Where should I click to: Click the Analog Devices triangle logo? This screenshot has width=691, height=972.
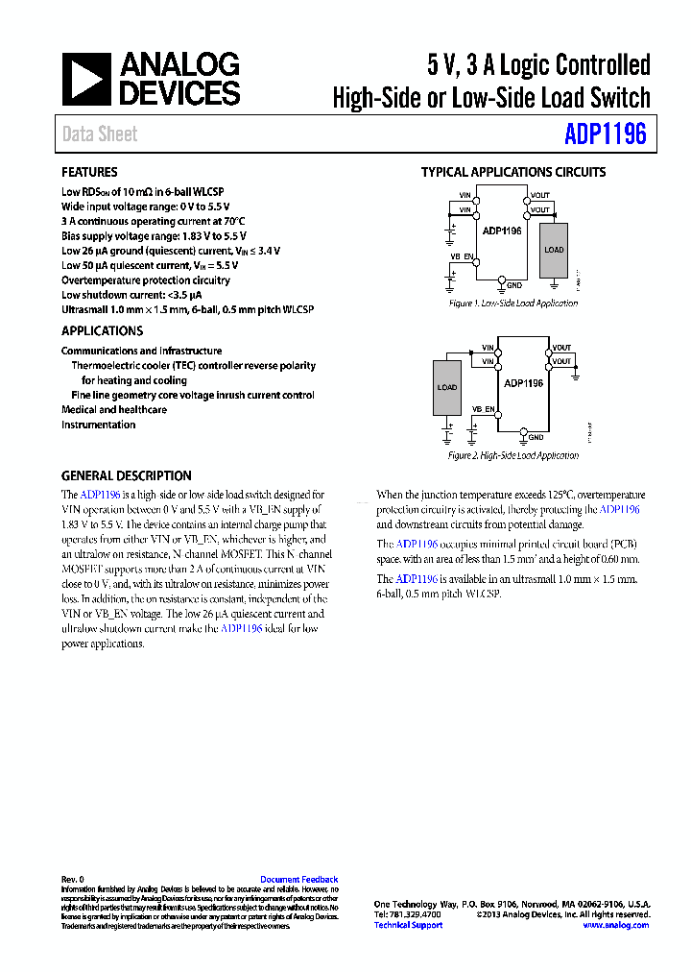pyautogui.click(x=87, y=80)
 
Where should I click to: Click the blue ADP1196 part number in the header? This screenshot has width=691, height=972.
pyautogui.click(x=606, y=134)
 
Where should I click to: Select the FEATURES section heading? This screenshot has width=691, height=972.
pyautogui.click(x=89, y=173)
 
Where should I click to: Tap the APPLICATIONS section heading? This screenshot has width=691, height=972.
pyautogui.click(x=102, y=330)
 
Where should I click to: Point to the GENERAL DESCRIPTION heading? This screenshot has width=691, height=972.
pyautogui.click(x=126, y=475)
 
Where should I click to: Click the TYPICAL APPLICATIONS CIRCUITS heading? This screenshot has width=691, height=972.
pyautogui.click(x=513, y=173)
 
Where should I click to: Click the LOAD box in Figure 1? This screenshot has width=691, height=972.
pyautogui.click(x=554, y=250)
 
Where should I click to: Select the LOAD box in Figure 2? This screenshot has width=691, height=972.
pyautogui.click(x=447, y=388)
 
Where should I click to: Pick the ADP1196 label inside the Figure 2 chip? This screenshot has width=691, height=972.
pyautogui.click(x=523, y=383)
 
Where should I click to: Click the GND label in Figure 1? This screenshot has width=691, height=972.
pyautogui.click(x=514, y=285)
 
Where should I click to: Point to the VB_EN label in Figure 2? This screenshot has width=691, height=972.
pyautogui.click(x=483, y=409)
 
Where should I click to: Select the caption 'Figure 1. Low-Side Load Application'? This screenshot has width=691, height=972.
pyautogui.click(x=513, y=304)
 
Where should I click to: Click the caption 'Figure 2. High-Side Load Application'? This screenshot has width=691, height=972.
pyautogui.click(x=513, y=455)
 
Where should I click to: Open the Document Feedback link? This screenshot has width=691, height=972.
pyautogui.click(x=298, y=880)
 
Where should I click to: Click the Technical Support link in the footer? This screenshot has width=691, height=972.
pyautogui.click(x=408, y=925)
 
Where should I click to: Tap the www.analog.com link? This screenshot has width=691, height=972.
pyautogui.click(x=615, y=925)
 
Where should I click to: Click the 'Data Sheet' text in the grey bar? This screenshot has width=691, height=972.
pyautogui.click(x=100, y=134)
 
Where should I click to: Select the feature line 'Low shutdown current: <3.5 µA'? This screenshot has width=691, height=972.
pyautogui.click(x=131, y=295)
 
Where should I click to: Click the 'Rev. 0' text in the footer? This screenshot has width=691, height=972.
pyautogui.click(x=73, y=880)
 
